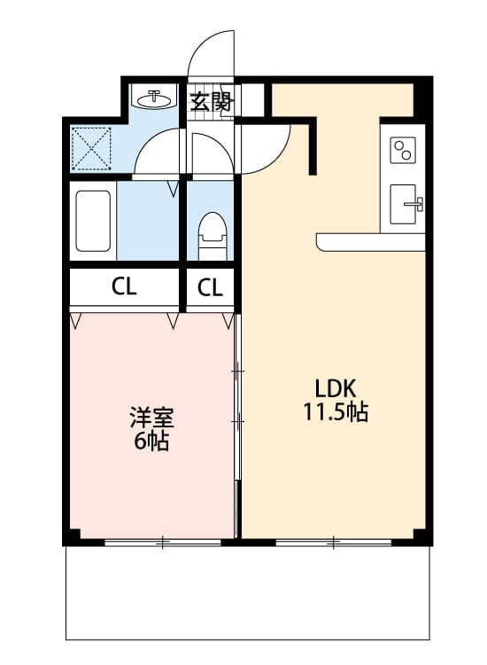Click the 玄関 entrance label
[x=211, y=102]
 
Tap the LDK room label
[x=336, y=388]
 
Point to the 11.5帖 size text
[x=336, y=412]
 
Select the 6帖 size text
[x=151, y=441]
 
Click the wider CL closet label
[x=124, y=286]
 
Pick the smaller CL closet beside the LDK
[x=210, y=286]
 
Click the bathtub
[x=93, y=221]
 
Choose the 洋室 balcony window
[x=162, y=541]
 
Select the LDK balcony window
[x=334, y=541]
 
